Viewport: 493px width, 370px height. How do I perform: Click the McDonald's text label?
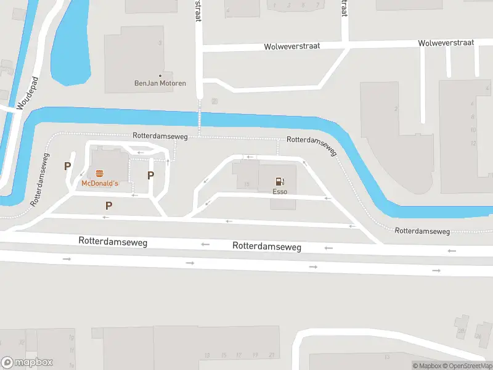(x=99, y=184)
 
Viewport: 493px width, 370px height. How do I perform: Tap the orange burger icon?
(x=99, y=173)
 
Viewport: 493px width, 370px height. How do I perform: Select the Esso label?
(x=280, y=192)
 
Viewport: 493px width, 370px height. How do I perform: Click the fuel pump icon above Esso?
(x=280, y=181)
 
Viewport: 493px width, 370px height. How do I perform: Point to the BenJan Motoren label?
(x=160, y=83)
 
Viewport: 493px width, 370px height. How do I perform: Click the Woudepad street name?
(x=28, y=93)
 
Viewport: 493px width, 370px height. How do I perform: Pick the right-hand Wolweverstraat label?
(x=446, y=43)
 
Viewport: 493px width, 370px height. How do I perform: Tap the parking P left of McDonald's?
(x=67, y=166)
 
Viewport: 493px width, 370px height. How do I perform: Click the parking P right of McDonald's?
(x=150, y=176)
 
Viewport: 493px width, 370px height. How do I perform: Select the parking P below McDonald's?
(x=109, y=205)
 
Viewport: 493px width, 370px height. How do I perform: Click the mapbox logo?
(x=27, y=362)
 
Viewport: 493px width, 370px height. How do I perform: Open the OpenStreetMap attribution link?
(x=470, y=366)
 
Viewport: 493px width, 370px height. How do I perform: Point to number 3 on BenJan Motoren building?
(x=160, y=43)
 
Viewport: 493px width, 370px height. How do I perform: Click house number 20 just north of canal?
(x=214, y=101)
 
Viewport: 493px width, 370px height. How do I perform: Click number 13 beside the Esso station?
(x=246, y=184)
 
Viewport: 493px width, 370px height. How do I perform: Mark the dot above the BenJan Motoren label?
(x=160, y=75)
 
